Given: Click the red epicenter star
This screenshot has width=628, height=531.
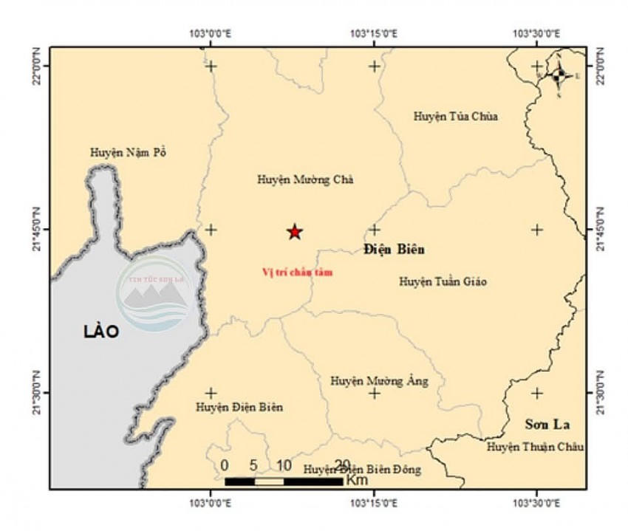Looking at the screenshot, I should (x=295, y=232).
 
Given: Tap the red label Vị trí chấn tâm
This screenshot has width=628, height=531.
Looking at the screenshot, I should (x=298, y=273).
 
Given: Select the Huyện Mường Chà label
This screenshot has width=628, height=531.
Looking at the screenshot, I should (x=295, y=179).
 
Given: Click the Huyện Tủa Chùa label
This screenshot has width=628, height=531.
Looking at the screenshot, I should (x=456, y=116).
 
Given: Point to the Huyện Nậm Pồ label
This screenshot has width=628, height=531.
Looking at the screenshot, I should (x=129, y=153).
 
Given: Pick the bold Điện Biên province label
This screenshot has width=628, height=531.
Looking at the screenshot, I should (x=395, y=249).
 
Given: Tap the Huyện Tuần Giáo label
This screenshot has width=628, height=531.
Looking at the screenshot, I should (x=443, y=281).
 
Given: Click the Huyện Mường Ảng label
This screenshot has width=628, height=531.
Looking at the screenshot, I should (x=379, y=381).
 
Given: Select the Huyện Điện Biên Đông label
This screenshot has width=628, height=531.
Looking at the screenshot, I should (x=362, y=469).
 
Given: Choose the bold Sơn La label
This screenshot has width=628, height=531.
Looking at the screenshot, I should (x=547, y=425).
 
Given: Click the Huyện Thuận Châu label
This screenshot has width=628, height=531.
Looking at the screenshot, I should (x=536, y=447).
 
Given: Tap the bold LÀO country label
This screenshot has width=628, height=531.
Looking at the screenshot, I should (x=101, y=332).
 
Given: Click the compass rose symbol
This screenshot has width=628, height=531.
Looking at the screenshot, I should (x=559, y=74).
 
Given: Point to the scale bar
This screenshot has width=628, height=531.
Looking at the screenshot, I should (x=284, y=482).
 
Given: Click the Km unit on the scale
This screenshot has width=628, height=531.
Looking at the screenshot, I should (x=357, y=480).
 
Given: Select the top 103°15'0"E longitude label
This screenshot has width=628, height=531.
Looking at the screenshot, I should (x=375, y=33).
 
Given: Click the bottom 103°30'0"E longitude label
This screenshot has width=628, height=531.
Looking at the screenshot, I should (x=537, y=504).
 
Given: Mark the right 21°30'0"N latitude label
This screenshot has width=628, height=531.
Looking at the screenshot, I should (x=599, y=393).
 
